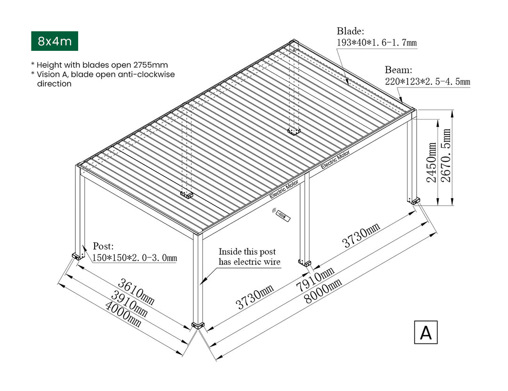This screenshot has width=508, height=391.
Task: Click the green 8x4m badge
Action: click(x=55, y=41)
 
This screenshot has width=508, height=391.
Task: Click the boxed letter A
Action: click(x=426, y=332)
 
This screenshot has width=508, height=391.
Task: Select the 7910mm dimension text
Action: click(x=315, y=279)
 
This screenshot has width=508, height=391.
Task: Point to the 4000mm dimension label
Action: click(x=123, y=314)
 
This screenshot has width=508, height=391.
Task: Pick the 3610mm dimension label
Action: click(x=136, y=291)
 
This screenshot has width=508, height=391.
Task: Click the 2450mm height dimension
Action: click(x=432, y=162)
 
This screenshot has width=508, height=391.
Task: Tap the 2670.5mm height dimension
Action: click(x=446, y=155)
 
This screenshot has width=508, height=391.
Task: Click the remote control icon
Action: click(x=281, y=215)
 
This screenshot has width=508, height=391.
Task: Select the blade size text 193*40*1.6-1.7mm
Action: click(x=377, y=42)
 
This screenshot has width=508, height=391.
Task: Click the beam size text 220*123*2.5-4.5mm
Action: click(x=427, y=81)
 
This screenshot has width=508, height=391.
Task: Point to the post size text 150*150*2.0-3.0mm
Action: click(x=135, y=257)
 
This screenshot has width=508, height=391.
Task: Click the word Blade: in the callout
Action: click(x=350, y=31)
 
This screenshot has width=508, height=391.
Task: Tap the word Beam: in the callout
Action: click(x=398, y=70)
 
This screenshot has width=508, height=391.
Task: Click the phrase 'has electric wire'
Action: click(x=249, y=262)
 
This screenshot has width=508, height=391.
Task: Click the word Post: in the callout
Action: click(x=103, y=246)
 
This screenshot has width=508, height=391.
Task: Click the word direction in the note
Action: click(x=54, y=84)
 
